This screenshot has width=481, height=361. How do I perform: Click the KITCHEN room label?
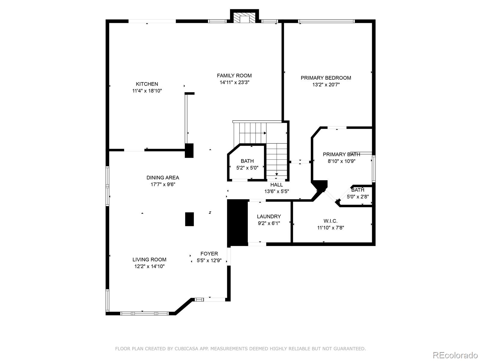[x=147, y=84]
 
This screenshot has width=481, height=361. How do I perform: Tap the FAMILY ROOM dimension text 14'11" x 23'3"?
[x=234, y=82]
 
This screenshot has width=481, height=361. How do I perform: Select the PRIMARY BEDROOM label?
[x=326, y=78]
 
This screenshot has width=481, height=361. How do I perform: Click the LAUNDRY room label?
[x=269, y=217]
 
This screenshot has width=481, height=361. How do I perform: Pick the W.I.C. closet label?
[x=330, y=221]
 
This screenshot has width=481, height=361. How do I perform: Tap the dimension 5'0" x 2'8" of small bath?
[x=358, y=197]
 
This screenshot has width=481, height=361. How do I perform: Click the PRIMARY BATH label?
[x=341, y=155]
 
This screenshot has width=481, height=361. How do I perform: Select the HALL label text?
[x=276, y=185]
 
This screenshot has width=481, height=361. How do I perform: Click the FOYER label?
[x=209, y=254]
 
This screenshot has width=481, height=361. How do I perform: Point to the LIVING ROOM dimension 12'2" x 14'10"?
[x=149, y=266]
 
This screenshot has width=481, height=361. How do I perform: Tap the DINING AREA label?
[x=163, y=178]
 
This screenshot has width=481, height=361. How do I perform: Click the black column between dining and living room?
[x=189, y=219]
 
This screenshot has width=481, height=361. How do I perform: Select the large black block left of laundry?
[x=237, y=223]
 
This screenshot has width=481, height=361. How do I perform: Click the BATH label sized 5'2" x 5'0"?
[x=247, y=161]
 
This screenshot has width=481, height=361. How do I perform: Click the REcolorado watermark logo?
[x=455, y=355]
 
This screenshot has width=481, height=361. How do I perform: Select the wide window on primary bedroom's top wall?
[x=326, y=21]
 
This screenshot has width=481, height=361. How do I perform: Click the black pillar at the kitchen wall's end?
[x=189, y=150]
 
